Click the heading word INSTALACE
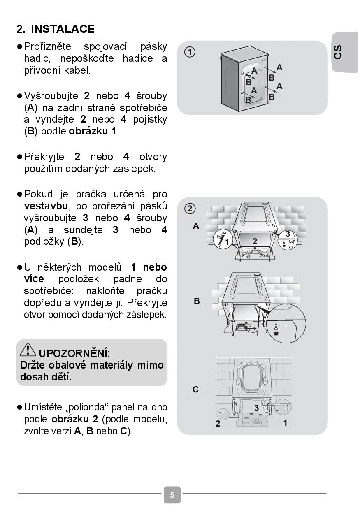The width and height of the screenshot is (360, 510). [x=63, y=29]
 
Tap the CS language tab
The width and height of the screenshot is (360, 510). [x=338, y=52]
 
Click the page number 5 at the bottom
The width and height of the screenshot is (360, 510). [x=172, y=495]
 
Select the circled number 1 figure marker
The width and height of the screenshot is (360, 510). [x=190, y=52]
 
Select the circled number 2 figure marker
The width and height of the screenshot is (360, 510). [x=190, y=209]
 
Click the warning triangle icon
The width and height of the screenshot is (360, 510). [x=28, y=349]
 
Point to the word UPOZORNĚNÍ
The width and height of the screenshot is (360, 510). [x=74, y=353]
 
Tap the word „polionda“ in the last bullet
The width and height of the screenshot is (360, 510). [x=87, y=407]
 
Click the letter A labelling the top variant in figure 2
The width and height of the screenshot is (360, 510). [x=196, y=226]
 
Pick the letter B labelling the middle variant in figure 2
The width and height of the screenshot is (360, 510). [x=197, y=301]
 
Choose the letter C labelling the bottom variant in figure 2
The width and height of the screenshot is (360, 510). [x=196, y=389]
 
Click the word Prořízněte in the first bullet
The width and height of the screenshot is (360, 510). [x=47, y=46]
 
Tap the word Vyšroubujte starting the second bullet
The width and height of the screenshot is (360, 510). [x=51, y=96]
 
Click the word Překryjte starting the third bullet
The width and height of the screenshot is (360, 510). [x=44, y=157]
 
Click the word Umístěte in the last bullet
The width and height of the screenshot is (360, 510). [x=43, y=407]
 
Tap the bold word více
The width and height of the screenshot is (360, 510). [x=34, y=279]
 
